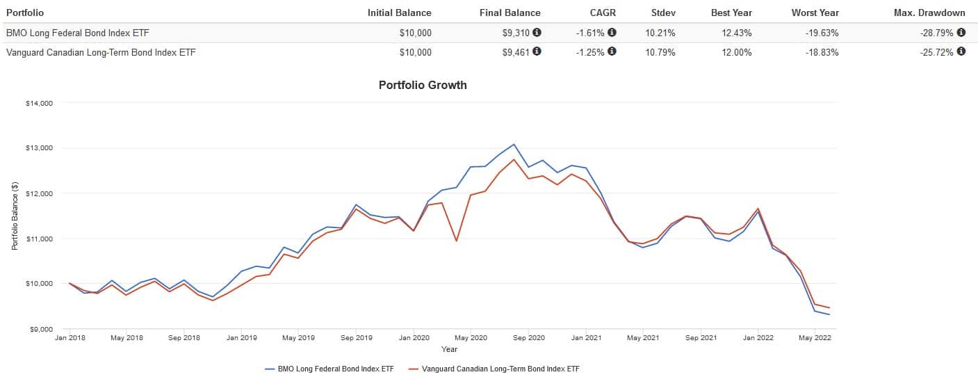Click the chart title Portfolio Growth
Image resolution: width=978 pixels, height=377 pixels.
(423, 85)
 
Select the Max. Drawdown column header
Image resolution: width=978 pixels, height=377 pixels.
(929, 13)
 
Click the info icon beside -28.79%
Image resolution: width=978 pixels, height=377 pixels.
(961, 32)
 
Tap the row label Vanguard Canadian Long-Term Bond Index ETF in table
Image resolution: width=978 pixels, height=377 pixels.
(101, 52)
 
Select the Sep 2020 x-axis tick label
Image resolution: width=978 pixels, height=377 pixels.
(528, 338)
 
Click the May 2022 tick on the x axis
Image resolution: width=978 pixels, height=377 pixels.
(815, 338)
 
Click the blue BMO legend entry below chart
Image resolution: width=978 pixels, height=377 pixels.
(329, 369)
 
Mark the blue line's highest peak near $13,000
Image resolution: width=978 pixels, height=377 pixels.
(514, 145)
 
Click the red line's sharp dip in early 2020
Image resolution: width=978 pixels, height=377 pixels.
(456, 241)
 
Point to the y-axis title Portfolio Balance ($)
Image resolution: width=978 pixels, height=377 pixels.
(15, 216)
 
